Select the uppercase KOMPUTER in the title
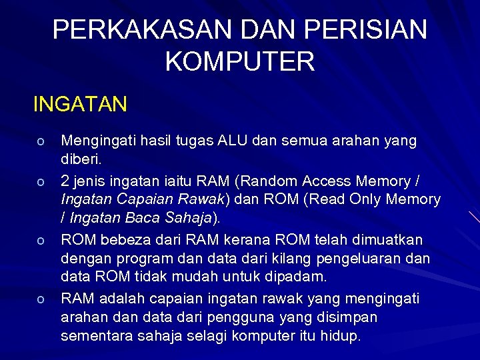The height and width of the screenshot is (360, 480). [x=240, y=62]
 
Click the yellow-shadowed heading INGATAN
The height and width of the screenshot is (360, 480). [x=80, y=105]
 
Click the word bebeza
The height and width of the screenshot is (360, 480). [x=124, y=239]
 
